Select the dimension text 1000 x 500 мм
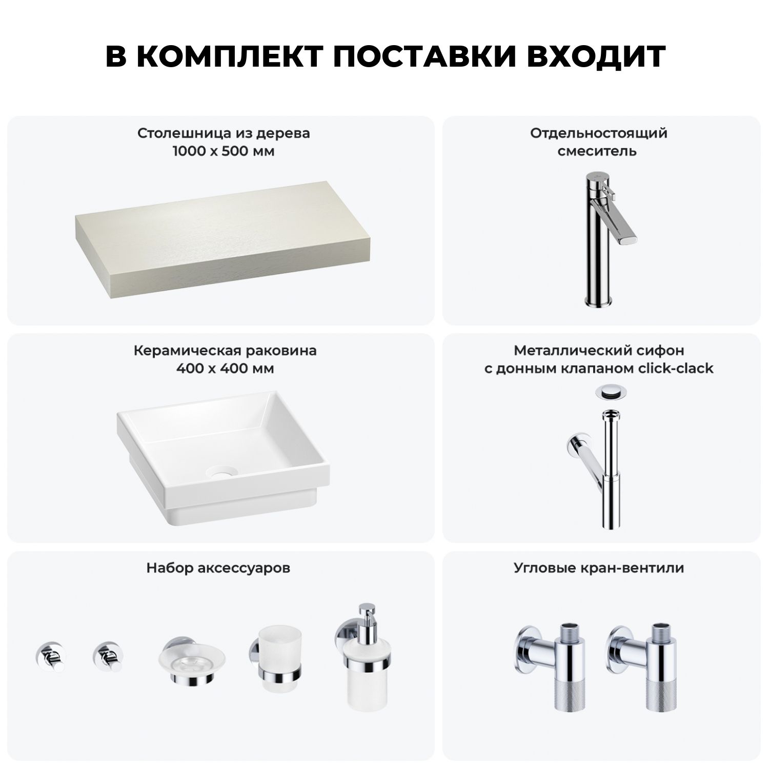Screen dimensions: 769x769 click(224, 152)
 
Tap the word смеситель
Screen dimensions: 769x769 click(597, 152)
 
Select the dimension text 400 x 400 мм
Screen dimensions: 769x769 click(225, 369)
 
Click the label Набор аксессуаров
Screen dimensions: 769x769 click(218, 568)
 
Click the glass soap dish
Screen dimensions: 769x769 click(191, 662)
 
